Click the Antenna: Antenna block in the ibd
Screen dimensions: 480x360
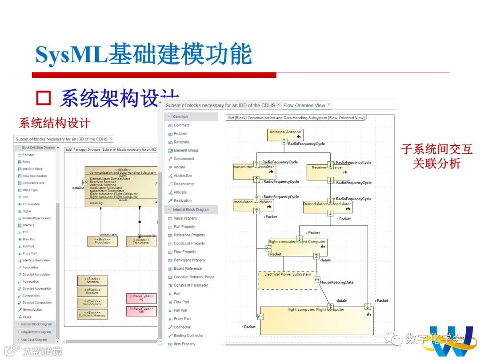coord(285,135)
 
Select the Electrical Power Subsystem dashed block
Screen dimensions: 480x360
coord(288,280)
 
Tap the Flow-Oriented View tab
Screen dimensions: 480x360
coord(304,105)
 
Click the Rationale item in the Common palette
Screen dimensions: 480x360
coord(181,142)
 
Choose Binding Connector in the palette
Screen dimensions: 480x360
coord(188,336)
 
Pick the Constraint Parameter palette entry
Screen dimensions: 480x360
coord(191,285)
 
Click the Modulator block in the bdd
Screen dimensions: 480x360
coord(102,241)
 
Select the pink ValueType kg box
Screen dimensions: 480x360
coord(141,298)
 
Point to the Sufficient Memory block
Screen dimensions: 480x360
coord(92,314)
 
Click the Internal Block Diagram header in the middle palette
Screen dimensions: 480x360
coord(191,209)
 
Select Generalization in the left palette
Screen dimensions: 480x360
coord(32,310)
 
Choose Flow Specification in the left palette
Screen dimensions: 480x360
coord(35,176)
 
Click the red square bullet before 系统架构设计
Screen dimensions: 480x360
coord(44,97)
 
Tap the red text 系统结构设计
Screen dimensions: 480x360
coord(55,123)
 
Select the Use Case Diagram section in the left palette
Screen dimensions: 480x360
coord(34,340)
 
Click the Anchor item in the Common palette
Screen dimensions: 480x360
coord(180,167)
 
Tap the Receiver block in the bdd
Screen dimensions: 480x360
coord(92,292)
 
